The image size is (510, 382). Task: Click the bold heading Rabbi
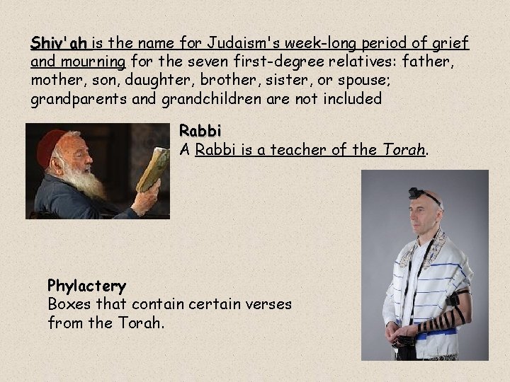pyautogui.click(x=200, y=132)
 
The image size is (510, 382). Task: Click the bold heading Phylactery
pyautogui.click(x=86, y=286)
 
